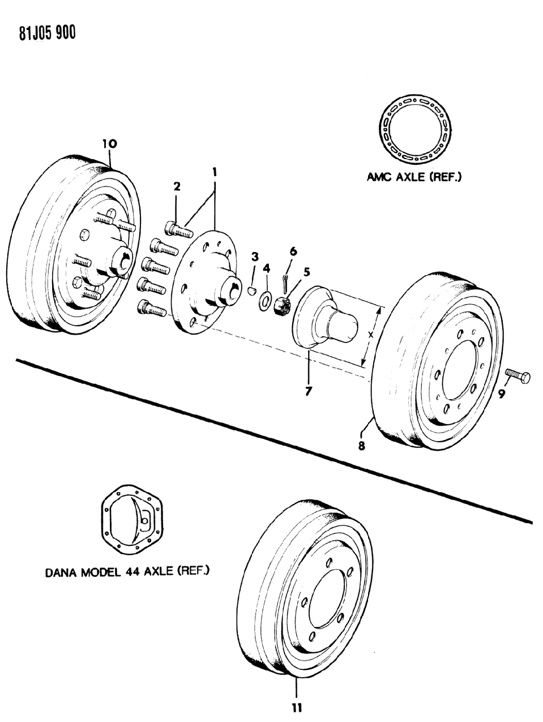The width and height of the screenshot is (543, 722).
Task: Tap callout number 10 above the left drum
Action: [109, 144]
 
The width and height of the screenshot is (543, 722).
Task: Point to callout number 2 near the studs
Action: [177, 186]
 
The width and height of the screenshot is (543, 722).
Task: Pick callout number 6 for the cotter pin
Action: [293, 251]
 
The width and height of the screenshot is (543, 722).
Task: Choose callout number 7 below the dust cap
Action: [308, 391]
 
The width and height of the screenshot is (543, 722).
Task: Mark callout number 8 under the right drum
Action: [361, 446]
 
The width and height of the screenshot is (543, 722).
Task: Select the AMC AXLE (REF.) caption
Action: [414, 177]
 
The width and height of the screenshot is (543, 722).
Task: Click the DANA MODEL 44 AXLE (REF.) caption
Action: [127, 571]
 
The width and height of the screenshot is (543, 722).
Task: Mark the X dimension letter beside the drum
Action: [370, 335]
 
